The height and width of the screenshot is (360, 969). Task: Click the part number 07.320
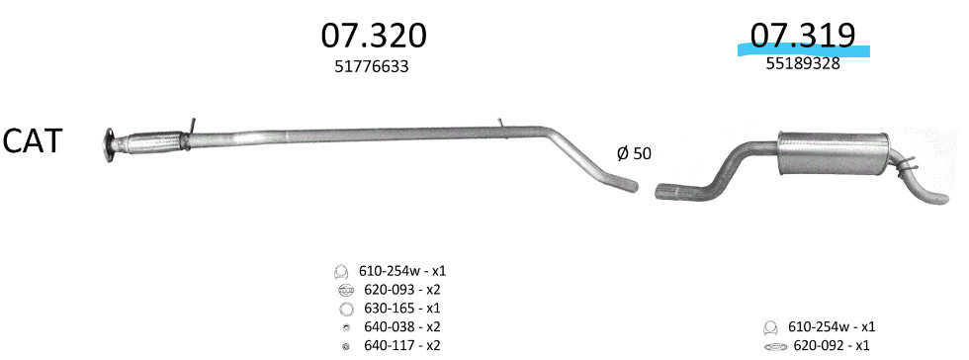coord(374,36)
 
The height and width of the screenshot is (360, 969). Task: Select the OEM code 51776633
coord(372,66)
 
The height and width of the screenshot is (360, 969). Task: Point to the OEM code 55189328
coord(803,63)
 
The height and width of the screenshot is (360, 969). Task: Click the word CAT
coord(32,141)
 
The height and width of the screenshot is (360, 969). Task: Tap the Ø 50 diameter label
coord(634,153)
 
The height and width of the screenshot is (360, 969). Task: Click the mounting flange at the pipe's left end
coord(110,146)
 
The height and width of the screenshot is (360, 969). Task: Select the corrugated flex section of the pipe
coord(151,142)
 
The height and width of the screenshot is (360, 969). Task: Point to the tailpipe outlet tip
coord(941,199)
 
